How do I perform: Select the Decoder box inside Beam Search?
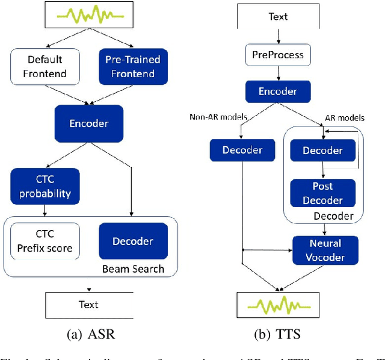tap(133, 241)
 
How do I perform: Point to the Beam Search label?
tap(132, 268)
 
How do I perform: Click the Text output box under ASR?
tap(88, 305)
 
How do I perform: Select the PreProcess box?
tap(277, 55)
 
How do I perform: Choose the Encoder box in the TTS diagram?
tap(277, 91)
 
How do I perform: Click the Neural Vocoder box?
tap(325, 250)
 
